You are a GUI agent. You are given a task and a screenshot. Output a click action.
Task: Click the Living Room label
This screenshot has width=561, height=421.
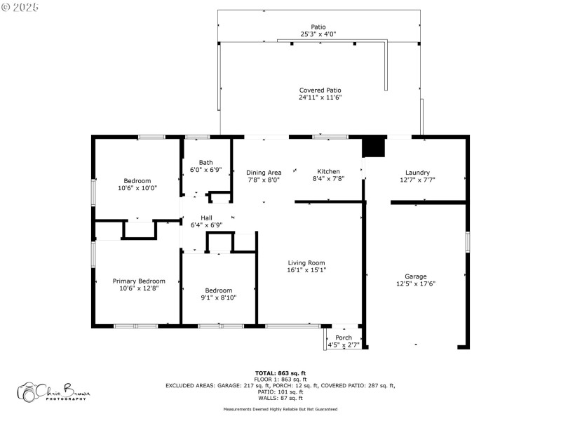click(306, 263)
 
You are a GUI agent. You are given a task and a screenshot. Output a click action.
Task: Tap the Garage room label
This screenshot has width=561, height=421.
click(415, 276)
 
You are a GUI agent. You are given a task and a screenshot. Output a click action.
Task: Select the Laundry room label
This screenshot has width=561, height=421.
click(417, 173)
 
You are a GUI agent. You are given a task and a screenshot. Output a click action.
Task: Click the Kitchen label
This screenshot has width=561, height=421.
click(328, 171)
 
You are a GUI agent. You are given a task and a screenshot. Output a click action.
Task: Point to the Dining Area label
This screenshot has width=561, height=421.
click(264, 173)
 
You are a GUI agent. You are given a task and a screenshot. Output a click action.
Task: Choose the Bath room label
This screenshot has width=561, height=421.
click(205, 162)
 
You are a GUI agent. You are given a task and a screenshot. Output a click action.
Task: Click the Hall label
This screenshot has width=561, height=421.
click(206, 218)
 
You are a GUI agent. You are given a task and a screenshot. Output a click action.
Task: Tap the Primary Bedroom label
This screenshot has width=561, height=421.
click(139, 281)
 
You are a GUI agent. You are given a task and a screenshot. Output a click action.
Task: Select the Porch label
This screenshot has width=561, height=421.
click(344, 338)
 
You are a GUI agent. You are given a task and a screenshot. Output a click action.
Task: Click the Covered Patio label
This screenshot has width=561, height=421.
click(320, 91)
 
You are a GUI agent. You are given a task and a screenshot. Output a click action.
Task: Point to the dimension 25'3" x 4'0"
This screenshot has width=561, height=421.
click(318, 34)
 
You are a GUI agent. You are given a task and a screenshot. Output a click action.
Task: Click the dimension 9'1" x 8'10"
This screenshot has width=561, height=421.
click(219, 298)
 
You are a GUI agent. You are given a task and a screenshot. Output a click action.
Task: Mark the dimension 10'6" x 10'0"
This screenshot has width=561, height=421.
click(137, 187)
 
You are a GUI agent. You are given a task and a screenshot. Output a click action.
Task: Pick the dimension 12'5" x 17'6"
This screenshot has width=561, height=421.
click(415, 283)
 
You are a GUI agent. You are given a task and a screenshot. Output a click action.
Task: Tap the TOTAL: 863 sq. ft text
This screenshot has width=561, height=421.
click(280, 373)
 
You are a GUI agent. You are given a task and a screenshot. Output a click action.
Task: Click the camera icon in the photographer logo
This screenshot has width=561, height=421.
click(28, 392)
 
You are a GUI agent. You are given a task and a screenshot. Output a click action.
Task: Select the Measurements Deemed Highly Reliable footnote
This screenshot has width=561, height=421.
click(280, 409)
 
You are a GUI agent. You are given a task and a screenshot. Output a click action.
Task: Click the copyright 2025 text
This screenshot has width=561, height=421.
click(20, 6)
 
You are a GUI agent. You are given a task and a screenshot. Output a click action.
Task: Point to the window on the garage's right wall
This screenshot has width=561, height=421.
click(468, 241)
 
